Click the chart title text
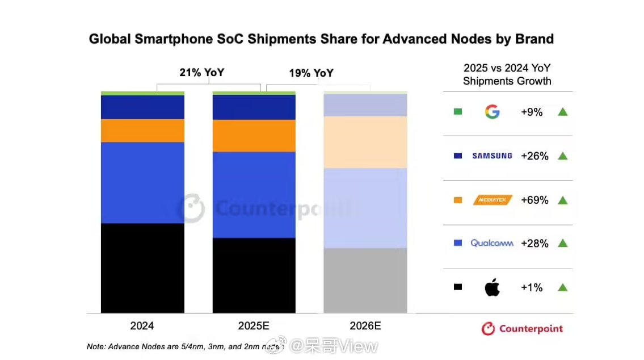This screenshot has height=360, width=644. (321, 39)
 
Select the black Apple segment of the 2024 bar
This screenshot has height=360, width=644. (142, 267)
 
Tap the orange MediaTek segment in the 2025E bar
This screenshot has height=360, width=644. (254, 135)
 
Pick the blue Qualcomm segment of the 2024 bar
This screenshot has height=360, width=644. (142, 182)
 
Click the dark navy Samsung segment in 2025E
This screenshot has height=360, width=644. (254, 107)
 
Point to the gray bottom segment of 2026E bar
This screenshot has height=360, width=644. (365, 280)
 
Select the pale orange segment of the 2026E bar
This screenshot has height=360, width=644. (365, 142)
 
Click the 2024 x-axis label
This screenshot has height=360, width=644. (142, 326)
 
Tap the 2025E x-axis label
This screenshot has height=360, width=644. (254, 326)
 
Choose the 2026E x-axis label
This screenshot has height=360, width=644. (365, 326)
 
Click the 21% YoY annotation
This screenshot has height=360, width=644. (201, 73)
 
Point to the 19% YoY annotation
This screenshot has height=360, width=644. (311, 73)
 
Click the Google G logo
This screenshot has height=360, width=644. (492, 112)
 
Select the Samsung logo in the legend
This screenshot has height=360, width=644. (492, 156)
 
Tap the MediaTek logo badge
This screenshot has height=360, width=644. (493, 200)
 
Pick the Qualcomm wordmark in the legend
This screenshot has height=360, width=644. (492, 243)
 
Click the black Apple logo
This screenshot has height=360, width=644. (492, 287)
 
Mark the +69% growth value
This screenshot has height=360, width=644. (534, 200)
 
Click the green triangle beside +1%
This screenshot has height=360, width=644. (562, 287)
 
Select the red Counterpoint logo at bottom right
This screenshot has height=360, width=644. (522, 329)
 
